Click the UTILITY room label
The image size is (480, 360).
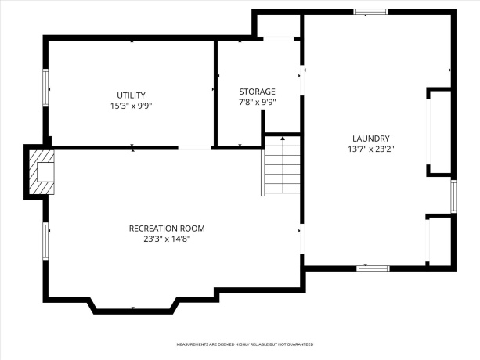coord(131,95)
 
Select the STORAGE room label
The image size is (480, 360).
coord(257,91)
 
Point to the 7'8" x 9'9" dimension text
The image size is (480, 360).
coord(257,102)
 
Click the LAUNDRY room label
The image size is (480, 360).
coord(370,139)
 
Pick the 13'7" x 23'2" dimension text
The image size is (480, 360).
coord(370,149)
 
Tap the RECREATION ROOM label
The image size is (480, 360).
coord(167,229)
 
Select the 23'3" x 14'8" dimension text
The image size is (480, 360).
coord(167,239)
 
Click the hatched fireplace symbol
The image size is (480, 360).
coord(41,171)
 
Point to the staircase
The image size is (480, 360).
coord(282,166)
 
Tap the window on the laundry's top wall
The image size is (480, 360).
coord(370,12)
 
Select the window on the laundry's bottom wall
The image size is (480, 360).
coord(373,268)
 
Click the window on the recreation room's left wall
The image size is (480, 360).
coord(45,242)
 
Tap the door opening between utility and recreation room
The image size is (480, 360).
coord(195,147)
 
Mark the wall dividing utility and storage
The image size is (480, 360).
coord(215,91)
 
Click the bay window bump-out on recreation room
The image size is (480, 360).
coord(133,308)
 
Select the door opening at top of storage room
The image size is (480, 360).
coord(277,38)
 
